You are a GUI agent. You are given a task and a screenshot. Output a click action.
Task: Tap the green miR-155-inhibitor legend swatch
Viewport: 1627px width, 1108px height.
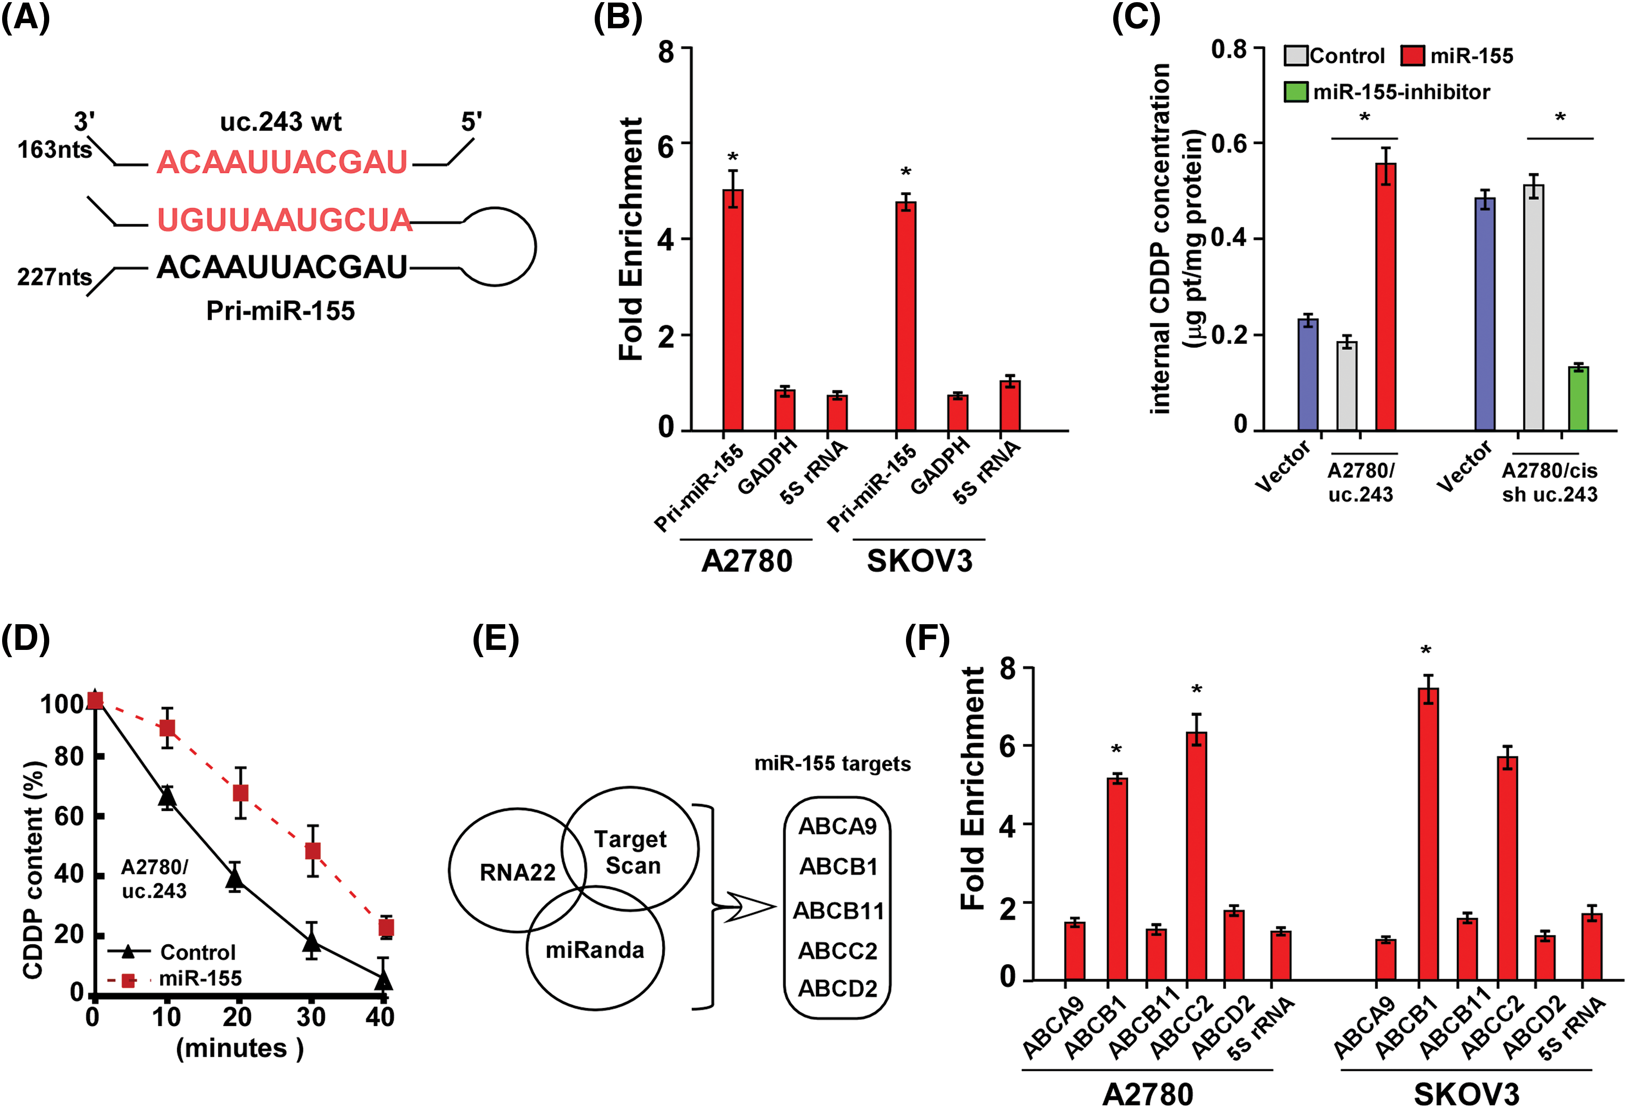coord(1296,92)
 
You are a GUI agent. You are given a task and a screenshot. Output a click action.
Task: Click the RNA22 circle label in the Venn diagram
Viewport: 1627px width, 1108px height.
coord(517,872)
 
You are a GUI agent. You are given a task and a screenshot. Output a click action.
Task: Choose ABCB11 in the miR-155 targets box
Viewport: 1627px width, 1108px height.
coord(838,911)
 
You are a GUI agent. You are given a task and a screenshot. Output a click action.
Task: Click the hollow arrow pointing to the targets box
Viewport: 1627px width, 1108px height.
coord(749,907)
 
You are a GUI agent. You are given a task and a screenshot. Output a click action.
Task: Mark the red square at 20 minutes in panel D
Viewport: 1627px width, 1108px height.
coord(240,793)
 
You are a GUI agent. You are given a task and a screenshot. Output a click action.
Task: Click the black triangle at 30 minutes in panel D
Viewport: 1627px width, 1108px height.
coord(312,942)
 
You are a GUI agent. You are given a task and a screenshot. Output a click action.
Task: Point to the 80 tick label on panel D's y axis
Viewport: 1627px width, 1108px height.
coord(69,757)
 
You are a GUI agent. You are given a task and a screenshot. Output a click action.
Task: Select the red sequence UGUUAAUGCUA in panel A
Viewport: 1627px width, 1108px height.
coord(283,220)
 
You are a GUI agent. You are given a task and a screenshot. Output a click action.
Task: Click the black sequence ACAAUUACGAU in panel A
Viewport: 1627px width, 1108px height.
coord(282,267)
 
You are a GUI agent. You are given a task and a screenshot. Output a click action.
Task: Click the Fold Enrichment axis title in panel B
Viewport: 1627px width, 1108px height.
coord(630,239)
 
